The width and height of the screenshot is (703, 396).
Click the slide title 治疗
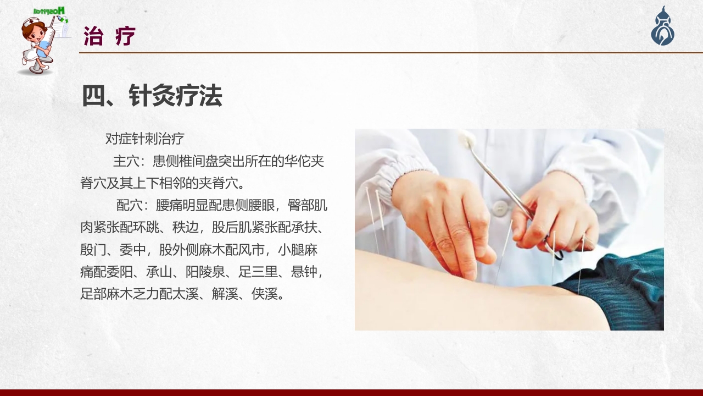click(x=109, y=36)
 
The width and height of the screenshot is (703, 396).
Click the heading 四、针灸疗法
click(x=152, y=96)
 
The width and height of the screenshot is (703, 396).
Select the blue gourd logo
click(x=663, y=28)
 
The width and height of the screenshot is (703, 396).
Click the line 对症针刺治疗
click(x=144, y=139)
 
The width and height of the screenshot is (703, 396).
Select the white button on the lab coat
click(x=500, y=207)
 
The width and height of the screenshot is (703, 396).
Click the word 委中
click(x=132, y=250)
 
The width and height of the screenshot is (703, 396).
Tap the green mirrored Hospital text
click(x=49, y=10)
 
